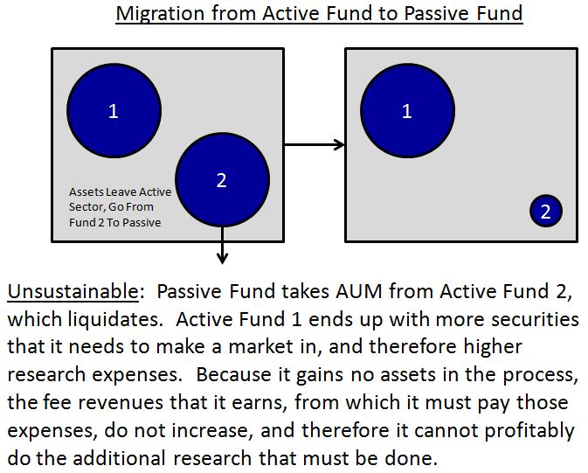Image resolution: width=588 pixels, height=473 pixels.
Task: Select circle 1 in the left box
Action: pos(114,111)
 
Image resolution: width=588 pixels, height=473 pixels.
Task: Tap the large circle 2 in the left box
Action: pos(221,179)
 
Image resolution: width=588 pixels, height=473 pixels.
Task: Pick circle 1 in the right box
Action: pos(407,111)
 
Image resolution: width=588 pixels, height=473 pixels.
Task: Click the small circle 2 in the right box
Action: pos(545,211)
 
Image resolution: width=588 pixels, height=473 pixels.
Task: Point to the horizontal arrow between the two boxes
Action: pos(315,145)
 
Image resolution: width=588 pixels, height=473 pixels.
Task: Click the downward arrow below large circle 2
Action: pos(222,246)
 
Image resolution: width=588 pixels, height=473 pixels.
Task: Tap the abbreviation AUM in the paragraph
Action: pos(354,291)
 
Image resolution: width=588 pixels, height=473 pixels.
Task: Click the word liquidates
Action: pos(108,319)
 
